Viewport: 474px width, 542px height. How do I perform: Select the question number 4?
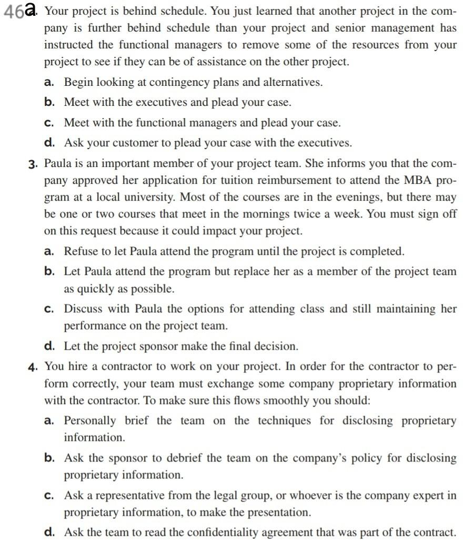[33, 367]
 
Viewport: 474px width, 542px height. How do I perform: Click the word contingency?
[175, 82]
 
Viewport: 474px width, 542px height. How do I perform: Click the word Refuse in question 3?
[80, 251]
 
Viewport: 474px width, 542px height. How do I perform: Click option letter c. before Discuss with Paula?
[49, 309]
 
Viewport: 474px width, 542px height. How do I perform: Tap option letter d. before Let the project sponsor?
[49, 346]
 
